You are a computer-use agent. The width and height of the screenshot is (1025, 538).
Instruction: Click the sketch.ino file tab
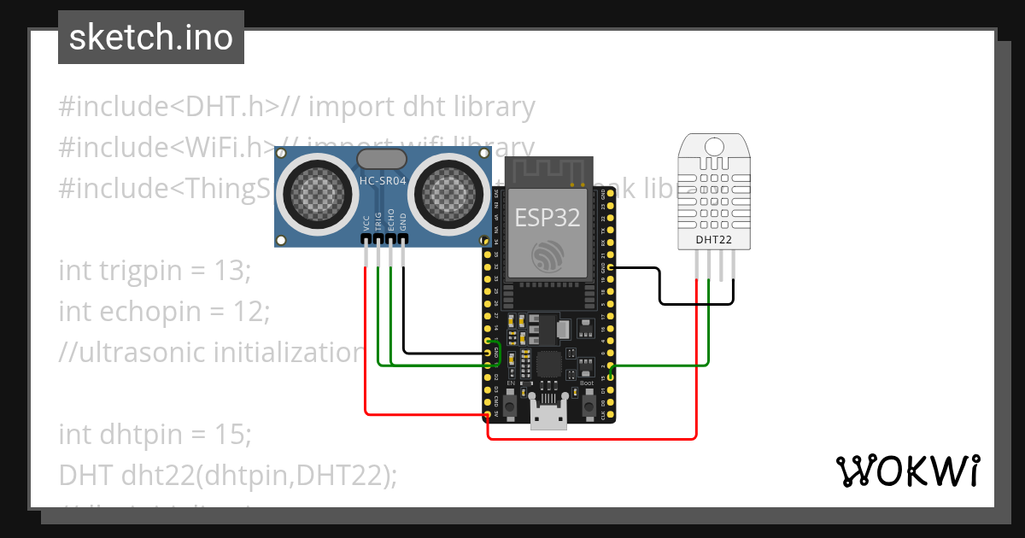[150, 38]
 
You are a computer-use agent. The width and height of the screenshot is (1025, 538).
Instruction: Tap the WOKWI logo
[907, 471]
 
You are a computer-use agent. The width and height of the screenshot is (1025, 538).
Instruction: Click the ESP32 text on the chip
[548, 217]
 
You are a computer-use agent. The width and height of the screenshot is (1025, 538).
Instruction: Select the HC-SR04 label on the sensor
[382, 179]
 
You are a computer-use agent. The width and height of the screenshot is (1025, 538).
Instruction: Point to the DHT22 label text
[713, 240]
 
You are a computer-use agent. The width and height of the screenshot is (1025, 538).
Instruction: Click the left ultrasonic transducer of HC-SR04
[315, 195]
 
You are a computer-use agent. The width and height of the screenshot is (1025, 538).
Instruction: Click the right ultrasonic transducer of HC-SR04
[448, 195]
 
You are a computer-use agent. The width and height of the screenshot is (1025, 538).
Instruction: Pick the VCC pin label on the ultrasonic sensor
[366, 223]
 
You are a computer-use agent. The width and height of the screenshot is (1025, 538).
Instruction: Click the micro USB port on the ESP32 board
[548, 416]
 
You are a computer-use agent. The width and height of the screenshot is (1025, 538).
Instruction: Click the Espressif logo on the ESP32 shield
[548, 255]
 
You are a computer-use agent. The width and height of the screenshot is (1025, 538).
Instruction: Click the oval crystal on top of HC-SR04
[381, 159]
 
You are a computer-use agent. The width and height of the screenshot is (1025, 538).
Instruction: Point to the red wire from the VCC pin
[366, 342]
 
